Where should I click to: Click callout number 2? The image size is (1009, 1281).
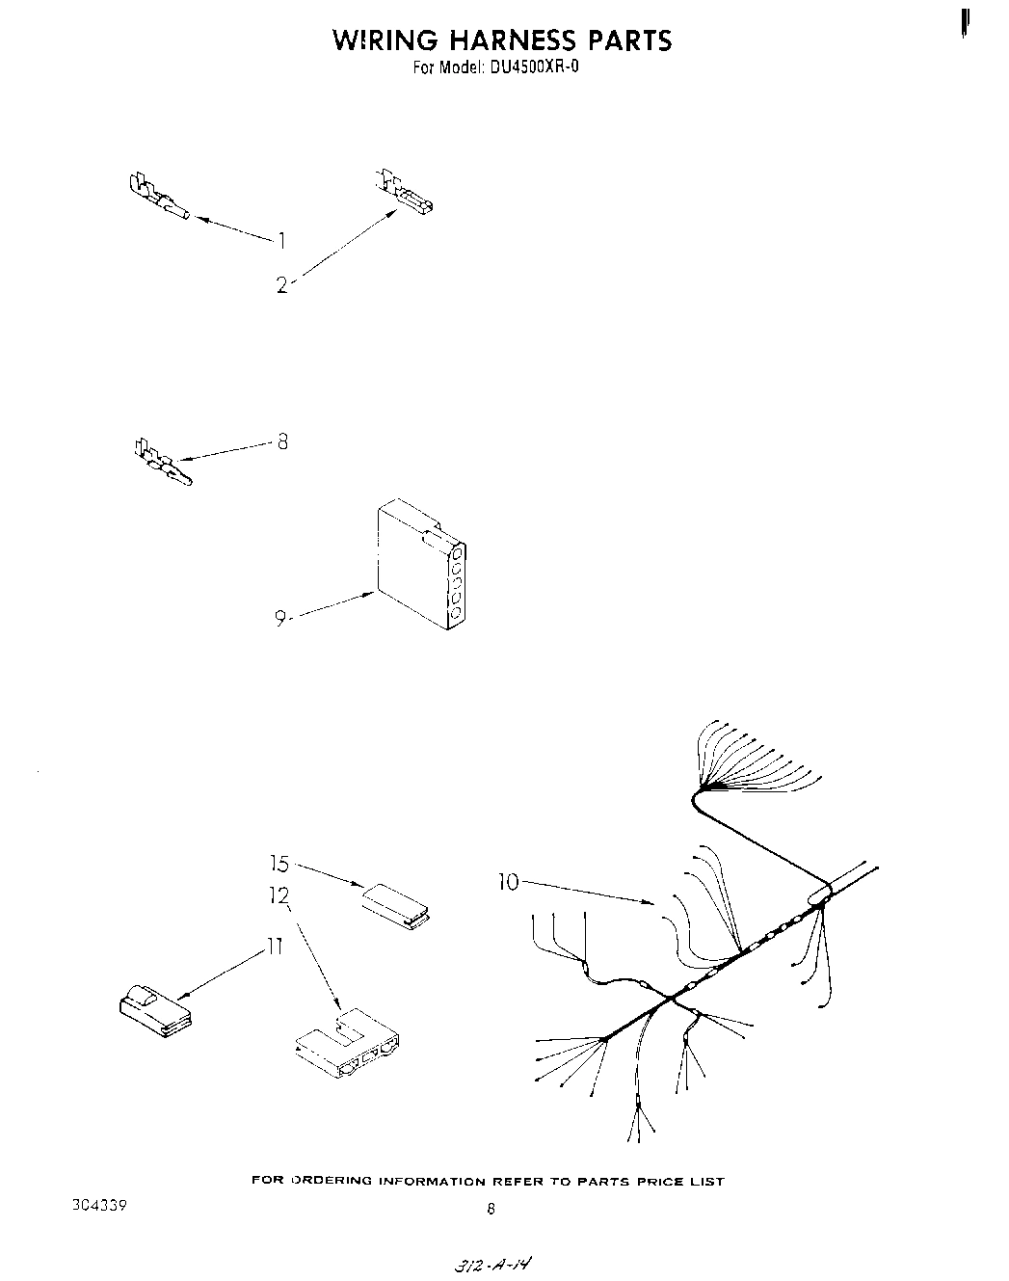pyautogui.click(x=281, y=284)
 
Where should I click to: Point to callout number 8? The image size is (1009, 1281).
pyautogui.click(x=282, y=442)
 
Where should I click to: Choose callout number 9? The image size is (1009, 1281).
pyautogui.click(x=279, y=619)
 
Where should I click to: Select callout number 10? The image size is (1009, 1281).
pyautogui.click(x=509, y=881)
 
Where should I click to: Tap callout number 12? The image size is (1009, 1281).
pyautogui.click(x=279, y=896)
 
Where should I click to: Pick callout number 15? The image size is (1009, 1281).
pyautogui.click(x=279, y=864)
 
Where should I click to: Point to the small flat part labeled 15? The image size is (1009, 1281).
pyautogui.click(x=396, y=903)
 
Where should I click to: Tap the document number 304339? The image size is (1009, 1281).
pyautogui.click(x=100, y=1206)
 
